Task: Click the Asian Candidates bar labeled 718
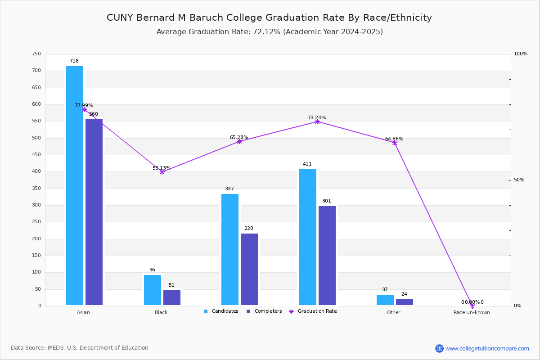pyautogui.click(x=75, y=185)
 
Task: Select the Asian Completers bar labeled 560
pyautogui.click(x=94, y=212)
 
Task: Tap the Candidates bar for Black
pyautogui.click(x=153, y=290)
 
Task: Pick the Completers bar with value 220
pyautogui.click(x=249, y=269)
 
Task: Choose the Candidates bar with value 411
pyautogui.click(x=308, y=237)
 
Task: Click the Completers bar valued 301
pyautogui.click(x=327, y=256)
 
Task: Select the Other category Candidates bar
pyautogui.click(x=385, y=300)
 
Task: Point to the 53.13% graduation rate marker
pyautogui.click(x=162, y=172)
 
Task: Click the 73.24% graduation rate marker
pyautogui.click(x=317, y=121)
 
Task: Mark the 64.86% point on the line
pyautogui.click(x=395, y=143)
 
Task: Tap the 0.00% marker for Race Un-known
pyautogui.click(x=472, y=306)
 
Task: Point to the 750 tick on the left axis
pyautogui.click(x=36, y=54)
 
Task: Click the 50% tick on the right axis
pyautogui.click(x=519, y=180)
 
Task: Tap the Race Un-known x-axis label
pyautogui.click(x=472, y=312)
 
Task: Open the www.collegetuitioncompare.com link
pyautogui.click(x=487, y=348)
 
